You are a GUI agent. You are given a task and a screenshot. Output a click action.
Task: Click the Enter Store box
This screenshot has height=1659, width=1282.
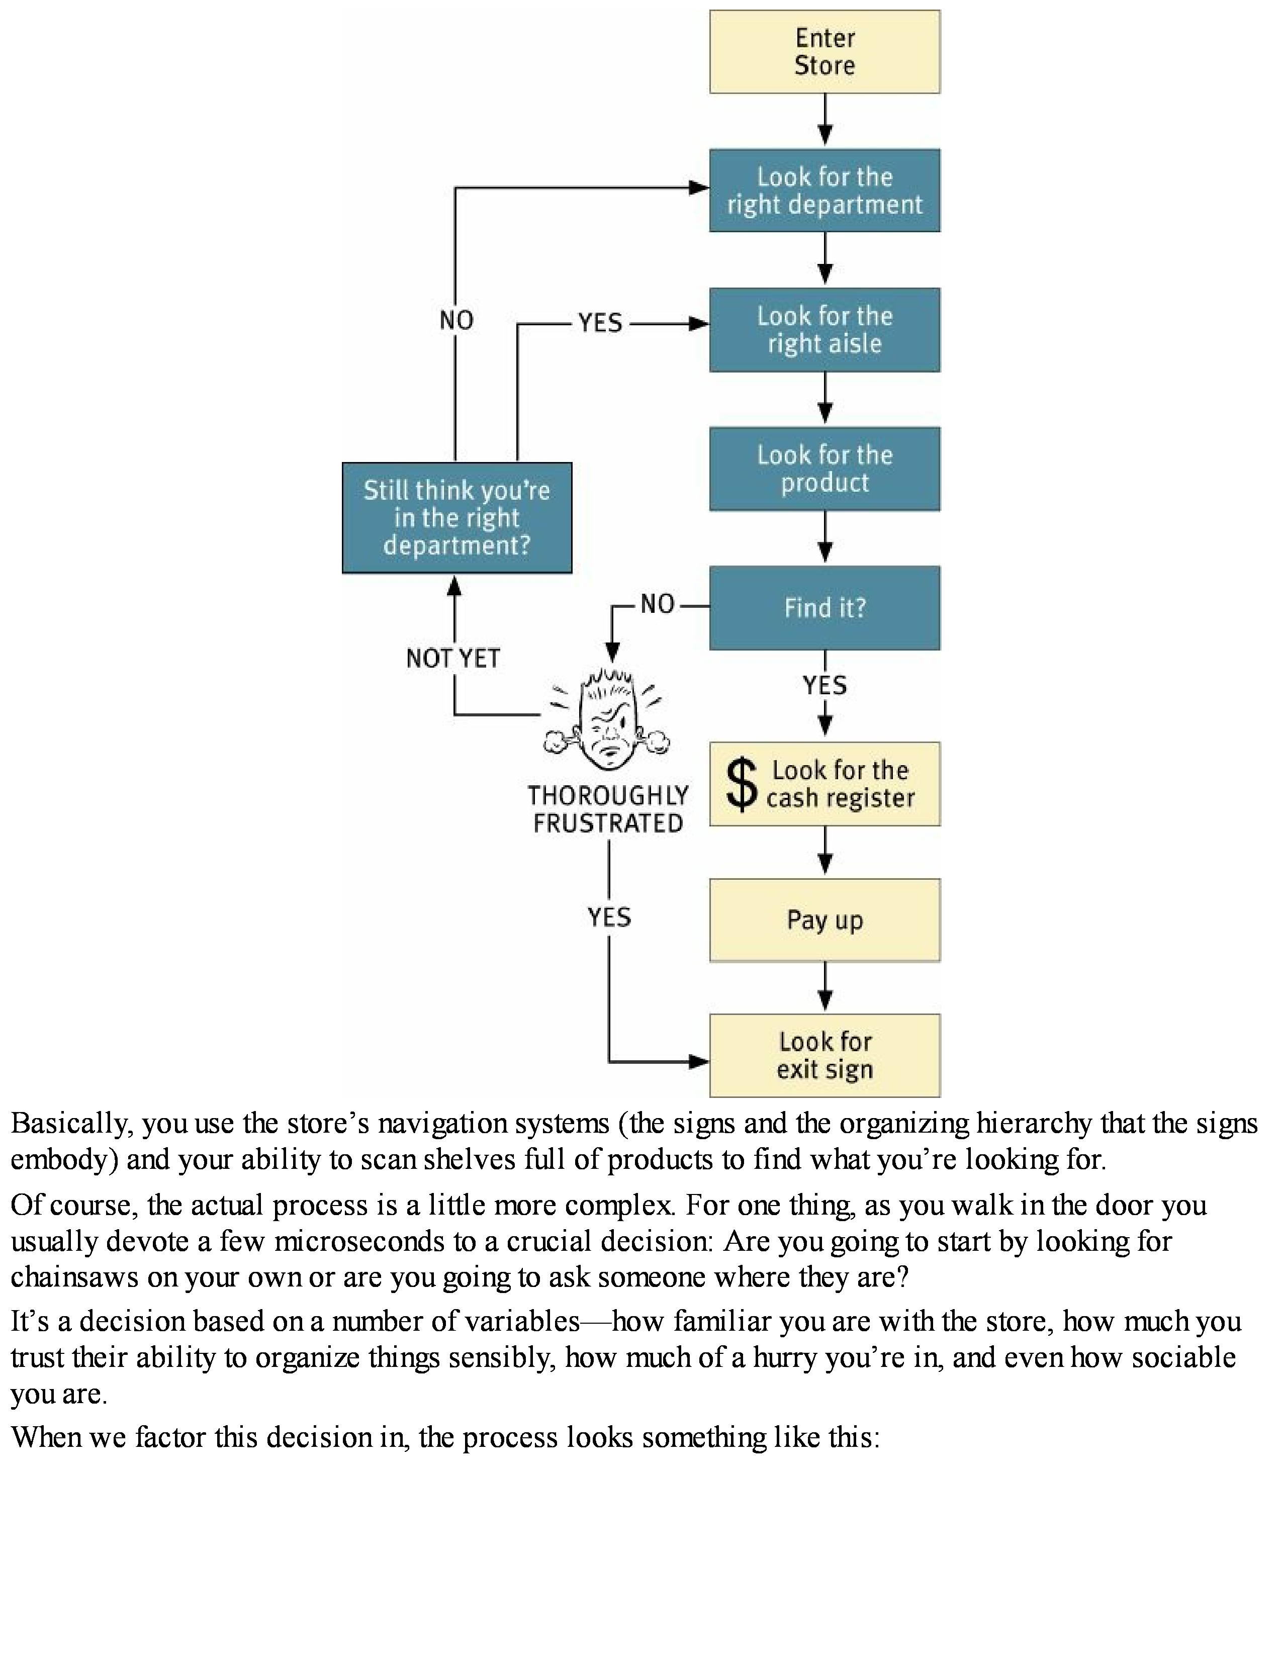click(825, 52)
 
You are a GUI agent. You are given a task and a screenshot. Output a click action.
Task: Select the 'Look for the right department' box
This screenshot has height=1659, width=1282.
click(825, 191)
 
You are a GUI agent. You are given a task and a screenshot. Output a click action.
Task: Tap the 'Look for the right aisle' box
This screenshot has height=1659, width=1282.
click(825, 330)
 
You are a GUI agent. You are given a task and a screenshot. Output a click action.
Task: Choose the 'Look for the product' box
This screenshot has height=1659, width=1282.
click(825, 469)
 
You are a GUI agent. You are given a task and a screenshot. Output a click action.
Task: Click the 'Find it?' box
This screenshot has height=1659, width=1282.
click(825, 608)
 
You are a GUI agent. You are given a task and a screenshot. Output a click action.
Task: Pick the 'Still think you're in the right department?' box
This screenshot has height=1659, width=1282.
click(456, 517)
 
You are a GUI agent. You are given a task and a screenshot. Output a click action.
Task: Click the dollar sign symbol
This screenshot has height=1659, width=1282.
click(741, 784)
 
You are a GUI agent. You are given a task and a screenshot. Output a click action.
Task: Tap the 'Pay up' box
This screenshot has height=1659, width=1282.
click(825, 920)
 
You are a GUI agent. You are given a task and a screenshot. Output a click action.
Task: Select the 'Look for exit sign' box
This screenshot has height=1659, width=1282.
click(825, 1055)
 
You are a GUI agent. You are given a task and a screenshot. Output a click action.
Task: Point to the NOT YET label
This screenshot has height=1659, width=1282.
click(453, 659)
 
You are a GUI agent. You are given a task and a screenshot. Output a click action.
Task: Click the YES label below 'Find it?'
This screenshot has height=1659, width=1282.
click(825, 686)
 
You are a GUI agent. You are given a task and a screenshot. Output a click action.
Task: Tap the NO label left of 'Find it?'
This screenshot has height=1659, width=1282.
click(658, 605)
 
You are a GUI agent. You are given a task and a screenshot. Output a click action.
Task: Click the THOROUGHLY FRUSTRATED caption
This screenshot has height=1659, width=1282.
click(608, 810)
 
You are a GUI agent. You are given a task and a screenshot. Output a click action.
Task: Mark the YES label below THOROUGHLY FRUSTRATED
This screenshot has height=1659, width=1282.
click(609, 917)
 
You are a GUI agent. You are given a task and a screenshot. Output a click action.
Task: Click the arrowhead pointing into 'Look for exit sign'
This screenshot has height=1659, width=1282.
click(699, 1062)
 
